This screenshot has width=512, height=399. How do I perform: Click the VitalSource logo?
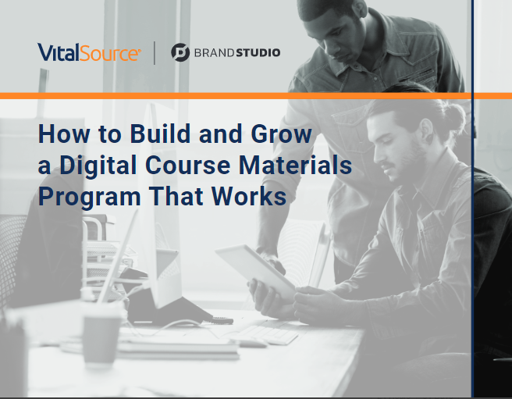(x=89, y=52)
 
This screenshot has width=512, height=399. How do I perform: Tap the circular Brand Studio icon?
(x=180, y=52)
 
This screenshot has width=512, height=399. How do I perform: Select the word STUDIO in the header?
(x=258, y=52)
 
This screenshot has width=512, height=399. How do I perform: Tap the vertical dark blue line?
(x=472, y=234)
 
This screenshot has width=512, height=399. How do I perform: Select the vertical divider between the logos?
(x=155, y=52)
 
